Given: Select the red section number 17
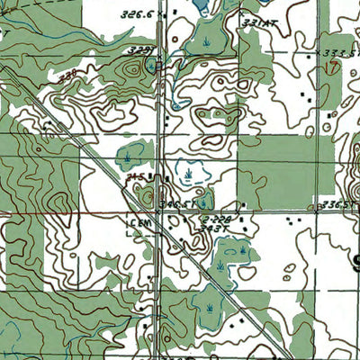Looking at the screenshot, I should pos(333,66).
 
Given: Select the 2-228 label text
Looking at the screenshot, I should pos(216,220).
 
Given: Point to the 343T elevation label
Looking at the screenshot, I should pos(210,230).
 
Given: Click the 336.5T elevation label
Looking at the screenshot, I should pos(339,205).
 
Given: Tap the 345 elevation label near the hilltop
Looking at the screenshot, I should pos(136,176).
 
